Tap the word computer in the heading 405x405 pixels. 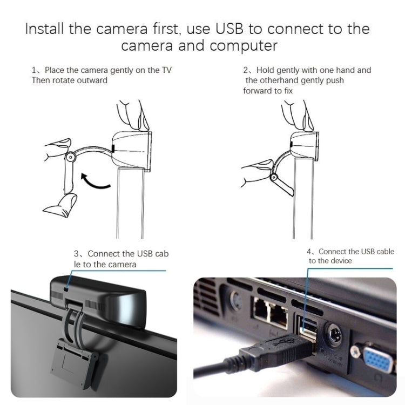click(x=245, y=46)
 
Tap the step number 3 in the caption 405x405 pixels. click(x=76, y=254)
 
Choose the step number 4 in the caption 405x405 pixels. click(x=309, y=252)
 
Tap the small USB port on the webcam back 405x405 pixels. click(x=66, y=290)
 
